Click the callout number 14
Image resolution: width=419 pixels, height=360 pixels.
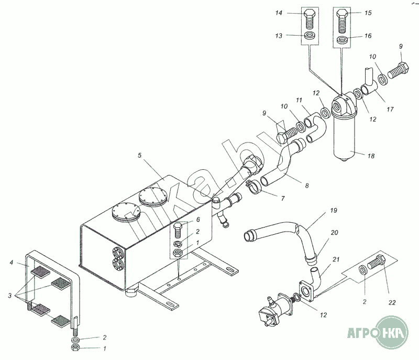point(279,13)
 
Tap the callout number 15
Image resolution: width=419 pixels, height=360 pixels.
point(368,13)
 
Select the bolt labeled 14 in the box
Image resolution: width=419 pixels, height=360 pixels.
point(310,19)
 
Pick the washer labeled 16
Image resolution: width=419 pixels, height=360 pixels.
point(341,40)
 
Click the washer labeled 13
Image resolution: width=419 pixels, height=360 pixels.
point(310,35)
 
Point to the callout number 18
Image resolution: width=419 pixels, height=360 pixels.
point(371,156)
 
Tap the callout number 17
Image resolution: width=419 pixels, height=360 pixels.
point(390,109)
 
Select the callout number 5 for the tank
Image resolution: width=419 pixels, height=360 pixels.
point(139,155)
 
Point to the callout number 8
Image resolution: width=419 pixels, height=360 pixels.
point(307,186)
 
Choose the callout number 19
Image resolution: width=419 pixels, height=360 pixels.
point(334,210)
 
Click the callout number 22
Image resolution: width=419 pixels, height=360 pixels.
point(392,302)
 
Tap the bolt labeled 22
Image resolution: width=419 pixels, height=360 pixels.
point(377,262)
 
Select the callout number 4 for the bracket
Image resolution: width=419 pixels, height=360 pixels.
point(11,263)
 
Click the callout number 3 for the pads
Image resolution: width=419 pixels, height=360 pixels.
point(9,296)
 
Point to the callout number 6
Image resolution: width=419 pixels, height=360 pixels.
point(198,220)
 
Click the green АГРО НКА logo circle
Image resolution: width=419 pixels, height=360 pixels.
point(392,332)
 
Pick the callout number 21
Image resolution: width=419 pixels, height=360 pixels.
point(336,259)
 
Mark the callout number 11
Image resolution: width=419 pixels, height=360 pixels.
point(299,100)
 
